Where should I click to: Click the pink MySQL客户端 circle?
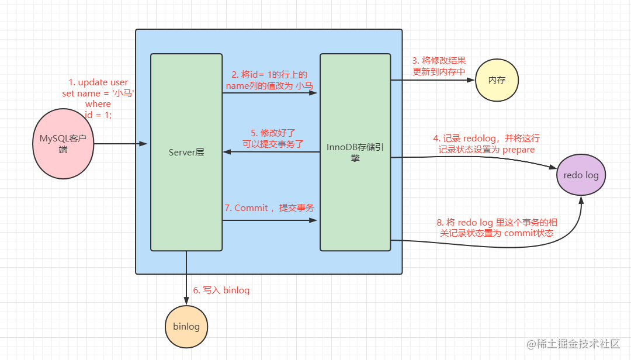pos(63,143)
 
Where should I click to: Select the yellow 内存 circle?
pos(497,80)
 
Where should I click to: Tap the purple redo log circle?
pos(581,175)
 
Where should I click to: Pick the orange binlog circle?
pos(186,326)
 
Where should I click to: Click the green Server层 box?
pos(186,153)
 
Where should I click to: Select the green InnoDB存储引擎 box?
pos(355,153)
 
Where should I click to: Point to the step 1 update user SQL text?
pos(98,98)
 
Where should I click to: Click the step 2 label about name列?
pos(269,80)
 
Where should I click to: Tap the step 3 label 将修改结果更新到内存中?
pos(439,66)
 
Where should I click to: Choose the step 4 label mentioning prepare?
pos(486,144)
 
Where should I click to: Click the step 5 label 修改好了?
pos(273,138)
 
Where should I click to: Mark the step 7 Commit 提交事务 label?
pos(269,207)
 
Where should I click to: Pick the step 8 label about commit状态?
pos(497,227)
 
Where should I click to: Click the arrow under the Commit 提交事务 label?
pos(269,220)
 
